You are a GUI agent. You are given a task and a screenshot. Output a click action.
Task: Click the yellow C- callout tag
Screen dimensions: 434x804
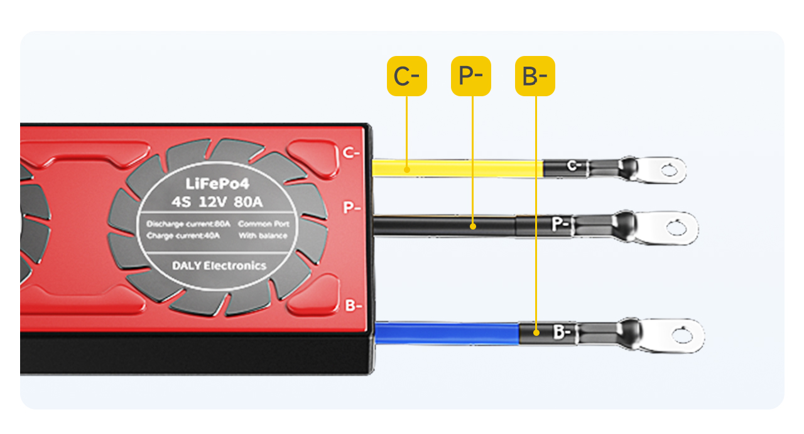click(x=406, y=76)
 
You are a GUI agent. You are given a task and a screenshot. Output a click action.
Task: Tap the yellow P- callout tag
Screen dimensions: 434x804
click(x=470, y=76)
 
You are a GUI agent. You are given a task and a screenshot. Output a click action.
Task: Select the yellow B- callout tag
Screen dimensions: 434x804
click(x=535, y=76)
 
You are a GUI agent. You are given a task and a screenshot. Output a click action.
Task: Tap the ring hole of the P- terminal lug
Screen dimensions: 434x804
click(x=677, y=226)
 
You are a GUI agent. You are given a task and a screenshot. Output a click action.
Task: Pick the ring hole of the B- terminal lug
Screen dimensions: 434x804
click(x=683, y=333)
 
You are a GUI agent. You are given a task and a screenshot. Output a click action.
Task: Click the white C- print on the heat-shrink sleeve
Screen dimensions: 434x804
click(x=572, y=166)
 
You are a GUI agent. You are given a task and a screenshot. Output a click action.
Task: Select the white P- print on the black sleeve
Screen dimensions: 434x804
click(x=560, y=225)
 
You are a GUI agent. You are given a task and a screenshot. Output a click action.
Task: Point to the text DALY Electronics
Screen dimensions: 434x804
click(x=219, y=265)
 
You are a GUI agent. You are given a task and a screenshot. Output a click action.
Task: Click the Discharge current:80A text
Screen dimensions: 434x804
click(x=188, y=224)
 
